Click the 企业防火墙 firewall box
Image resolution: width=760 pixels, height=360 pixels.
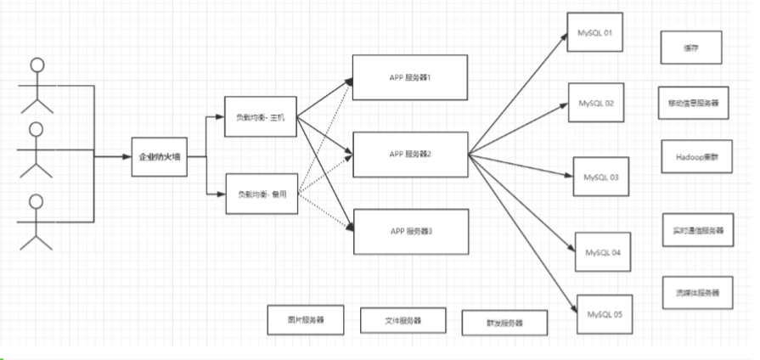click(x=159, y=157)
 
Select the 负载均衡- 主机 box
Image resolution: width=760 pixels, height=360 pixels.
click(x=260, y=116)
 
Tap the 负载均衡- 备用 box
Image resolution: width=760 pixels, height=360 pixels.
click(x=260, y=194)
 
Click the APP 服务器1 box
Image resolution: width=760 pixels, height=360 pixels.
click(x=410, y=77)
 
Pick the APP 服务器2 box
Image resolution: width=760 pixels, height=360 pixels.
click(x=410, y=155)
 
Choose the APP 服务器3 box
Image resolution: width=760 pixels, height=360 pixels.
click(x=410, y=232)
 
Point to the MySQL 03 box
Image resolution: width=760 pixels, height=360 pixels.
click(x=602, y=178)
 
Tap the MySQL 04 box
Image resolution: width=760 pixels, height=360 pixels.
click(x=603, y=252)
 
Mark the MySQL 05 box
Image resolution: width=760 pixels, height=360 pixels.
click(x=604, y=314)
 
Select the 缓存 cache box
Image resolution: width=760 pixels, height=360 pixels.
click(x=691, y=48)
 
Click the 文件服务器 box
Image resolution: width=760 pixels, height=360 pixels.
click(x=391, y=322)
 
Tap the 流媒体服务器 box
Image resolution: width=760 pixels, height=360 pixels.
click(x=692, y=292)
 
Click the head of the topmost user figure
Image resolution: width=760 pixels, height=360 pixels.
click(x=37, y=64)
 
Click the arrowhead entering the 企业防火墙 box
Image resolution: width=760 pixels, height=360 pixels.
click(x=127, y=157)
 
